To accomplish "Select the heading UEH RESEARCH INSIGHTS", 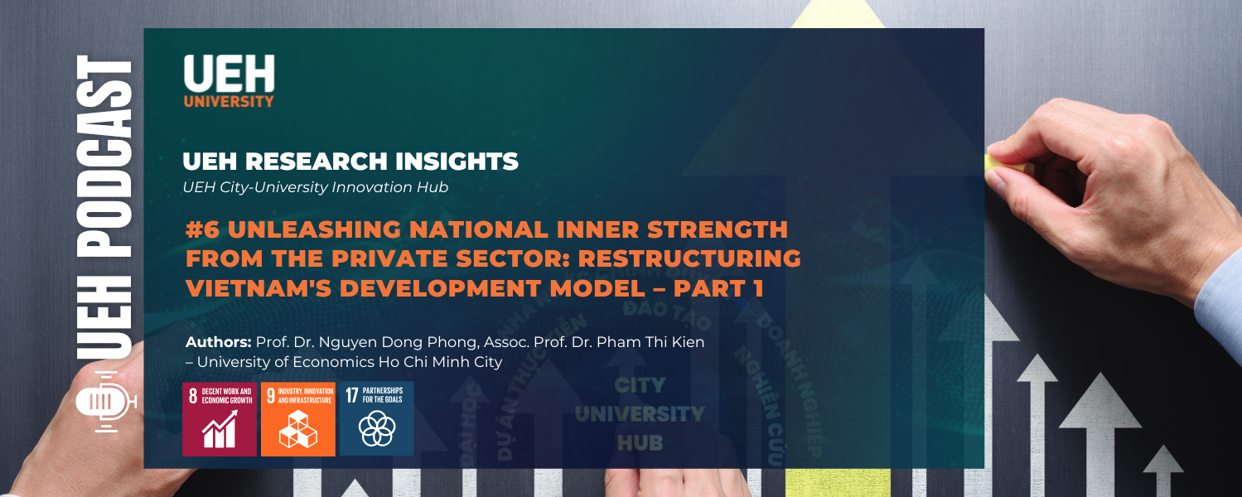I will click(x=350, y=162).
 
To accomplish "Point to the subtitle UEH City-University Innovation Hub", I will click(x=315, y=187).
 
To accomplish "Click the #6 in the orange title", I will click(x=202, y=229).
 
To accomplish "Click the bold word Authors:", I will click(x=219, y=342).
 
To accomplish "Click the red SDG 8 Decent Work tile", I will click(x=220, y=418).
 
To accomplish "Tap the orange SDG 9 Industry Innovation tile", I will click(x=298, y=418).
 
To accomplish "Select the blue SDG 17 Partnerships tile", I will click(x=376, y=418).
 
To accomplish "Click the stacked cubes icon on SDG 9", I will click(x=298, y=431).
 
